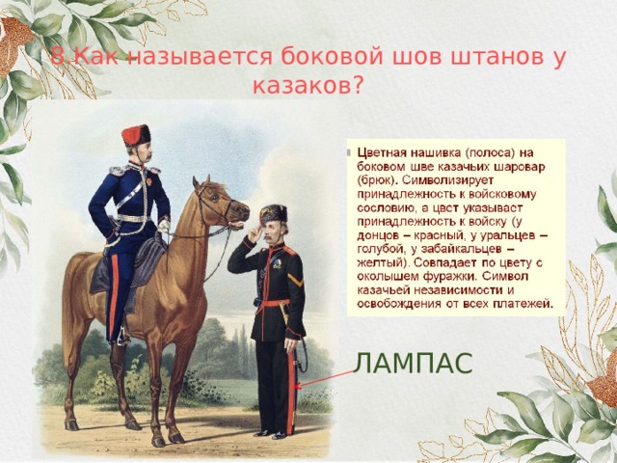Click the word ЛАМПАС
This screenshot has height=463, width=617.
(x=413, y=363)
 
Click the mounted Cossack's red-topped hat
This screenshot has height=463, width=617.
(x=136, y=134)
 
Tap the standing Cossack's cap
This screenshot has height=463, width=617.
(x=274, y=212)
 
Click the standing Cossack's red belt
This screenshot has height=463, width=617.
(x=276, y=303)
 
